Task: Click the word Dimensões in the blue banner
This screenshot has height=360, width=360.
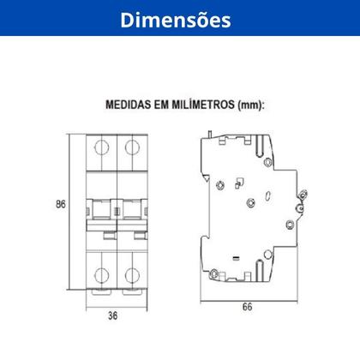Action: click(179, 19)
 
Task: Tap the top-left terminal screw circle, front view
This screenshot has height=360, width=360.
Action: click(99, 147)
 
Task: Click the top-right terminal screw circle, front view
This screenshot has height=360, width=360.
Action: click(130, 147)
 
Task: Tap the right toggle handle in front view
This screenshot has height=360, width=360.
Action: click(129, 208)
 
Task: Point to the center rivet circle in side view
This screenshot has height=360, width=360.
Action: click(250, 202)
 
